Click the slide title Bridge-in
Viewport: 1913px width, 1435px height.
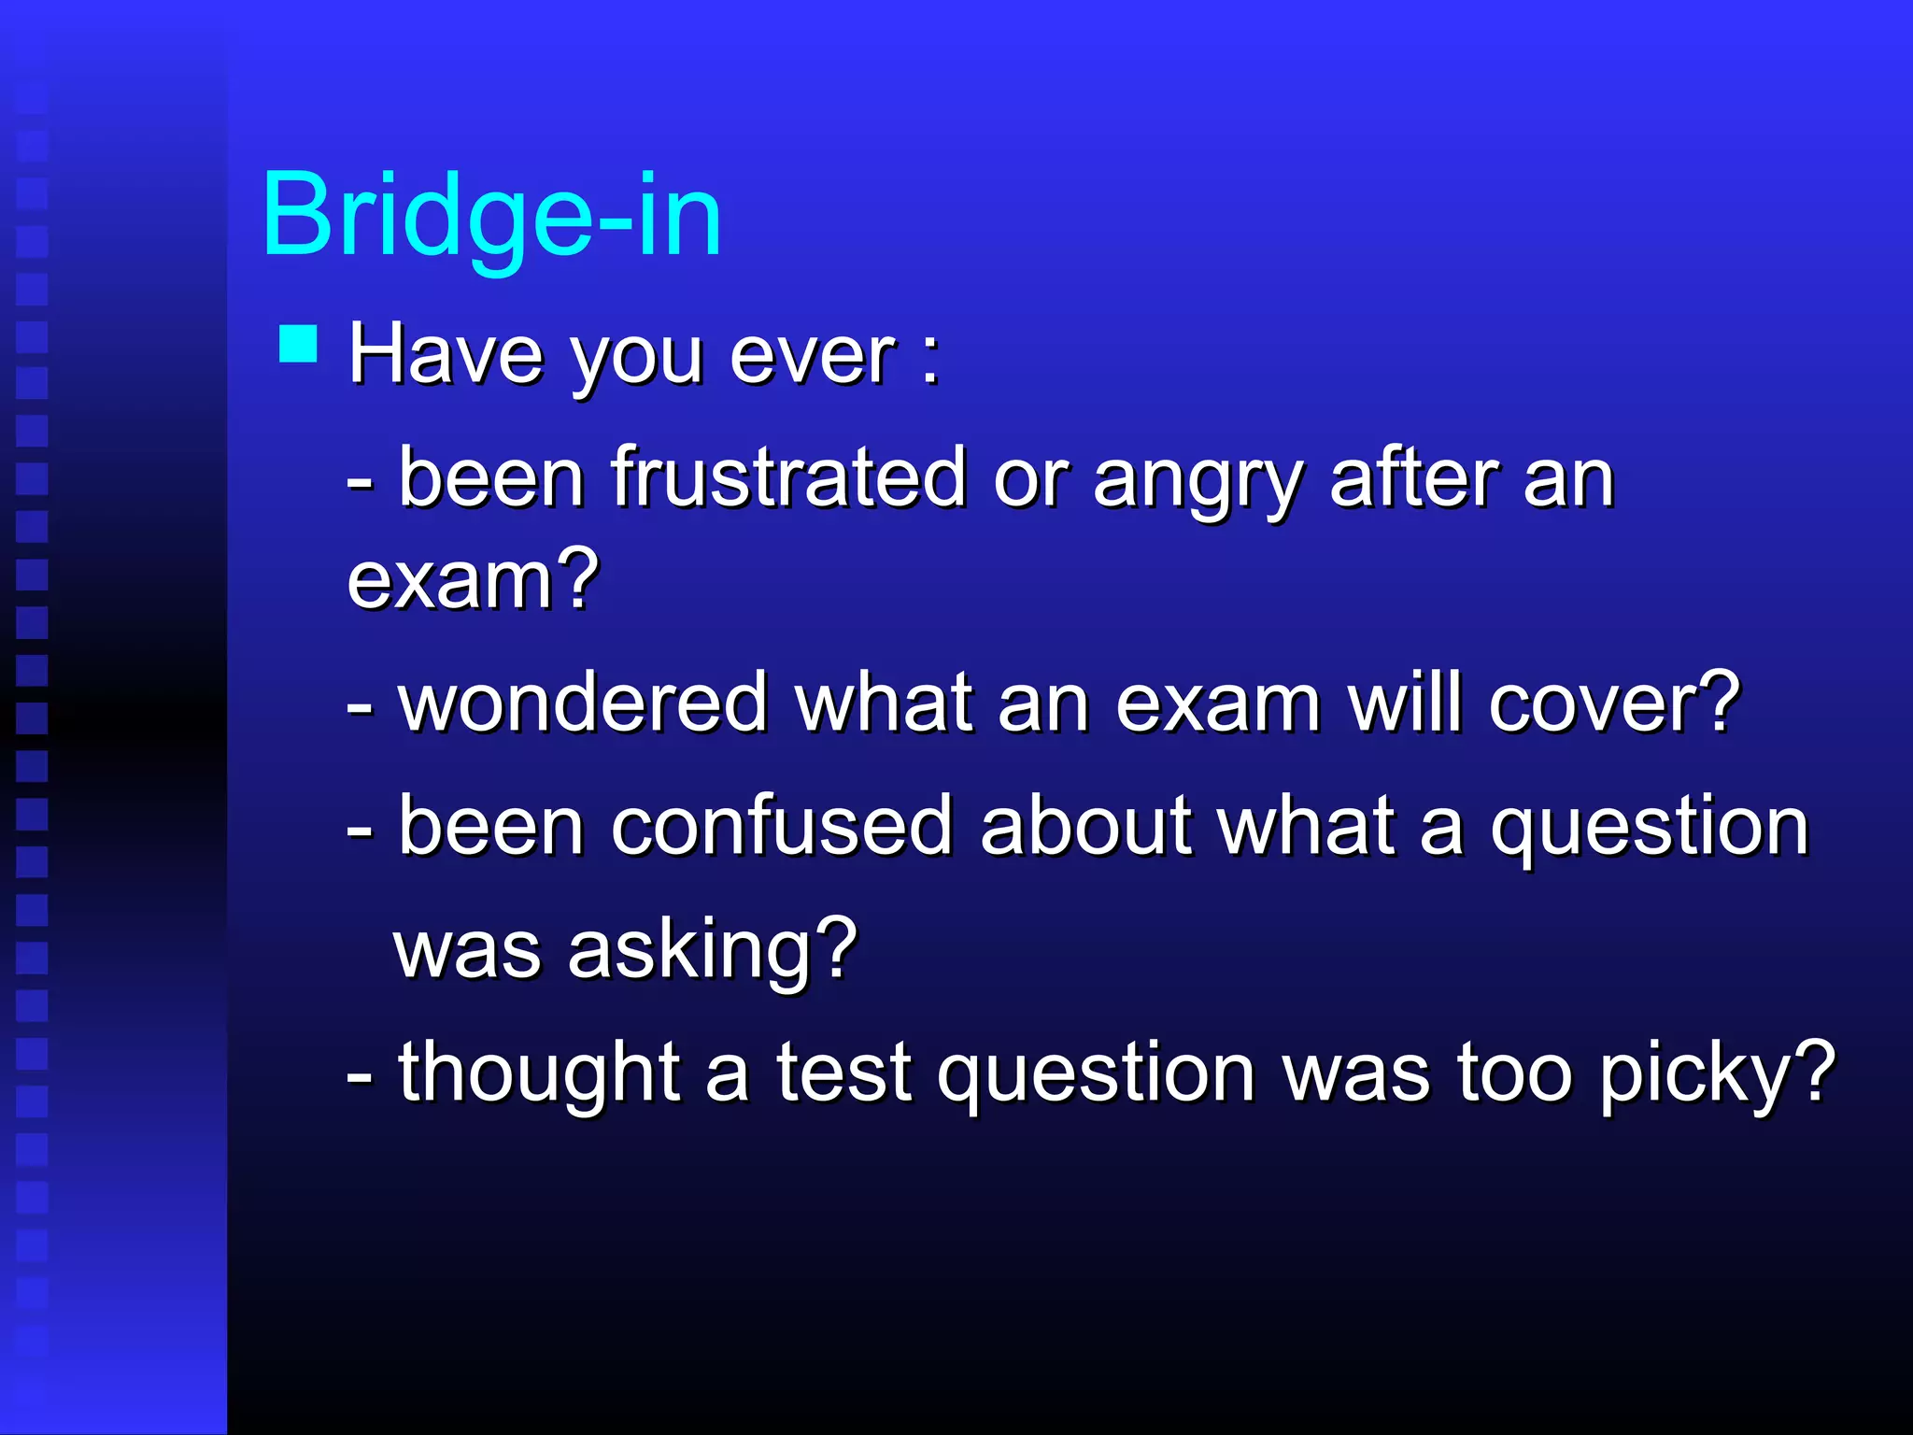[x=492, y=217]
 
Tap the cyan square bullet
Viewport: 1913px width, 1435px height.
[x=299, y=344]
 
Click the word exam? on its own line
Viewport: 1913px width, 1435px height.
[x=473, y=580]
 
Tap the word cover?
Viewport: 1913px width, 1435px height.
[x=1614, y=703]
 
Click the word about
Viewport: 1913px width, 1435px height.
[x=1086, y=826]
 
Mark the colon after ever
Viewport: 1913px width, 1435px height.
[x=929, y=359]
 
